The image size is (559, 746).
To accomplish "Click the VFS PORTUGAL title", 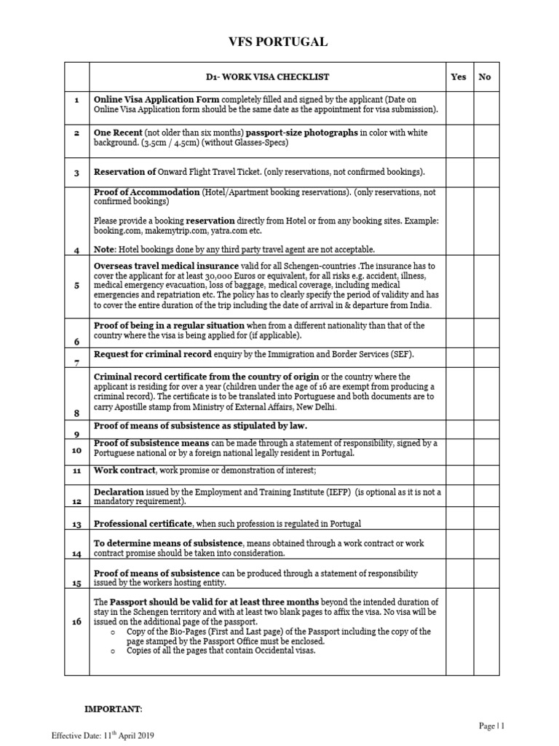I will (x=279, y=42).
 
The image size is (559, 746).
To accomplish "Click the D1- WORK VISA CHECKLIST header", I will (x=266, y=76).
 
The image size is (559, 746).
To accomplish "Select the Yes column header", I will (x=459, y=76).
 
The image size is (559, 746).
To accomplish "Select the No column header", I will (x=485, y=76).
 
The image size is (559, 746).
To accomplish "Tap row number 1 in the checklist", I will (x=76, y=98).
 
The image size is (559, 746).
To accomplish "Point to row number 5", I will (x=76, y=286).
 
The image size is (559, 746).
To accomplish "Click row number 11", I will (x=76, y=471).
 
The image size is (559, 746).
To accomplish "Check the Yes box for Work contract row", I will (x=459, y=471).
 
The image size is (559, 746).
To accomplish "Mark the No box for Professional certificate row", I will (x=485, y=524).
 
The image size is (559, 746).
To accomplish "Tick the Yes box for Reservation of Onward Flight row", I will (x=459, y=172).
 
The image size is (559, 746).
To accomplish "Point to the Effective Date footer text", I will (x=102, y=734).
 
